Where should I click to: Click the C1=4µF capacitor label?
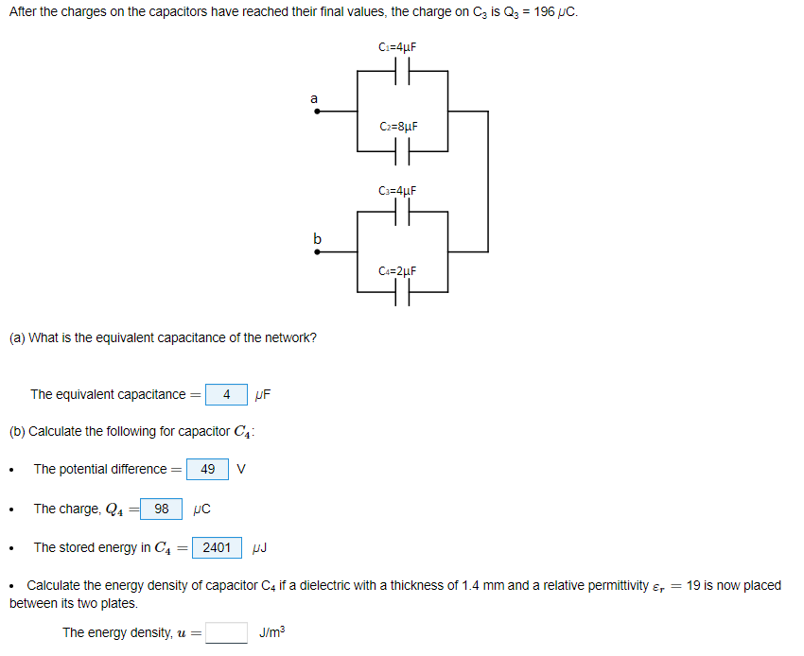[x=397, y=46]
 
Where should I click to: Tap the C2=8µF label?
[x=397, y=126]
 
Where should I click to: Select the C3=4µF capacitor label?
[x=397, y=191]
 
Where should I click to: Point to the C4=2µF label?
[x=397, y=271]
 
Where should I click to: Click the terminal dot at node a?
[x=317, y=112]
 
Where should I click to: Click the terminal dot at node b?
[x=317, y=252]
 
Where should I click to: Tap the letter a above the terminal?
[x=314, y=97]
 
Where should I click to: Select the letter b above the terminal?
[x=317, y=238]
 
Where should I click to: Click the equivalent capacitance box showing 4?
[x=226, y=394]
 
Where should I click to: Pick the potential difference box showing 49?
[x=208, y=469]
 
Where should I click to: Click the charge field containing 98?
[x=162, y=509]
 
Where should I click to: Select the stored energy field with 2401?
[x=217, y=547]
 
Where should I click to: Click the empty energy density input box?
[x=227, y=632]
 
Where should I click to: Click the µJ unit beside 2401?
[x=262, y=547]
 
